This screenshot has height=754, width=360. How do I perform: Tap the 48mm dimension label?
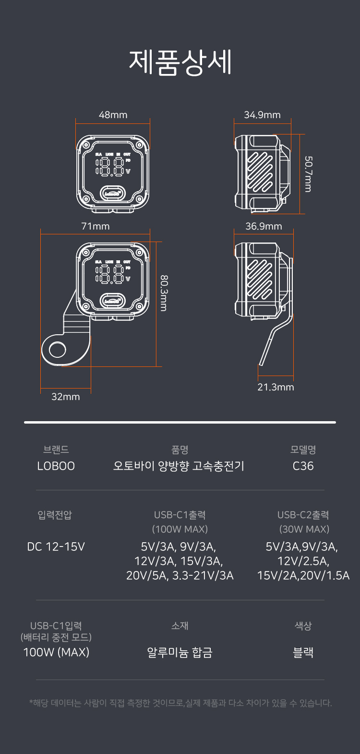[x=113, y=115]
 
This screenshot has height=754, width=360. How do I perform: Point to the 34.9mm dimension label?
[x=262, y=115]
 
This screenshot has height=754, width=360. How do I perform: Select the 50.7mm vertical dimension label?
[x=308, y=173]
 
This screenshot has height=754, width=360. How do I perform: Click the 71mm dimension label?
[x=95, y=226]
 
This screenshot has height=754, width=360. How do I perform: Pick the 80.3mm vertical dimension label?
[x=164, y=293]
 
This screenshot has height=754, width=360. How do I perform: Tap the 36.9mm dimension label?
[x=264, y=226]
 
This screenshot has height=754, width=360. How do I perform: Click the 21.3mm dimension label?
[x=276, y=387]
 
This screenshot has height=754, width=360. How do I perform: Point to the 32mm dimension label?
[x=66, y=397]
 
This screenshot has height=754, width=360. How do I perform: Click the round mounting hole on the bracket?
[x=58, y=349]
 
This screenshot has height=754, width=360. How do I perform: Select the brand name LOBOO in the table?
[x=56, y=466]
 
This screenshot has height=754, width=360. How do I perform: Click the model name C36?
[x=303, y=466]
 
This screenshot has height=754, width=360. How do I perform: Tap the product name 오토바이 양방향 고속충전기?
[x=179, y=466]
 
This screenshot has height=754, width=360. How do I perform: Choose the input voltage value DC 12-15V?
[x=56, y=547]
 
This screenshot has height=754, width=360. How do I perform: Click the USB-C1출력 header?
[x=180, y=515]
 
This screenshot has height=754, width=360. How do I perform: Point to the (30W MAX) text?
[x=304, y=529]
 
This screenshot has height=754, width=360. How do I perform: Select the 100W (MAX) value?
[x=56, y=652]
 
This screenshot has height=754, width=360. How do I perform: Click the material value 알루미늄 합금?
[x=180, y=652]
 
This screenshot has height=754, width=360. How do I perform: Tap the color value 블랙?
[x=303, y=652]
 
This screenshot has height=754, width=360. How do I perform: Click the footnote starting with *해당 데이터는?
[x=180, y=703]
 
